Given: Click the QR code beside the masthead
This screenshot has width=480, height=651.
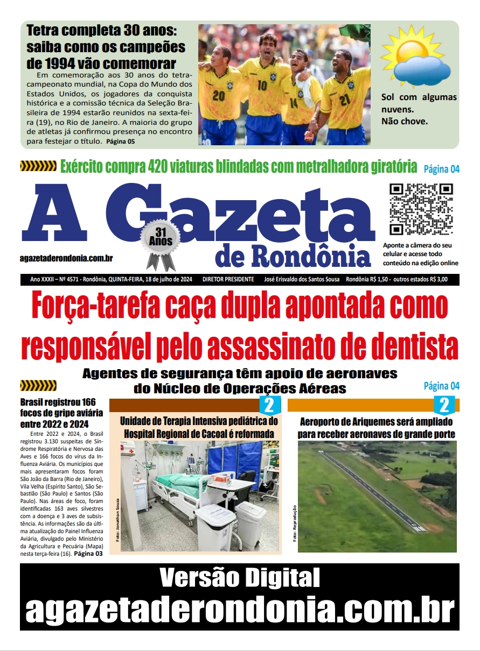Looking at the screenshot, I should (421, 209).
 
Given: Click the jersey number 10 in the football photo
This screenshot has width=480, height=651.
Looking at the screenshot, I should (262, 86).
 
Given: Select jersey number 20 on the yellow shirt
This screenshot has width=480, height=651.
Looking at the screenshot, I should (218, 95).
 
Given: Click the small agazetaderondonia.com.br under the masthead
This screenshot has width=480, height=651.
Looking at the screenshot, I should (66, 258).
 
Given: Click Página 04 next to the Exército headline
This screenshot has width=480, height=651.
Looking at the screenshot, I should (441, 169).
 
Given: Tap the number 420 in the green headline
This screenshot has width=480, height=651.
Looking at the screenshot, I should (161, 166).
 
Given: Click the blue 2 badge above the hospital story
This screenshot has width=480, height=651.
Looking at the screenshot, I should (270, 405).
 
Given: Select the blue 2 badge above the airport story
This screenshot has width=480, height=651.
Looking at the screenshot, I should (444, 405).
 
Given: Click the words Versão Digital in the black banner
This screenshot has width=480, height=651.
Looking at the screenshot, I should (240, 578).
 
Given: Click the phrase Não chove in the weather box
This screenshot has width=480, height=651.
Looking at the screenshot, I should (404, 121).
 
